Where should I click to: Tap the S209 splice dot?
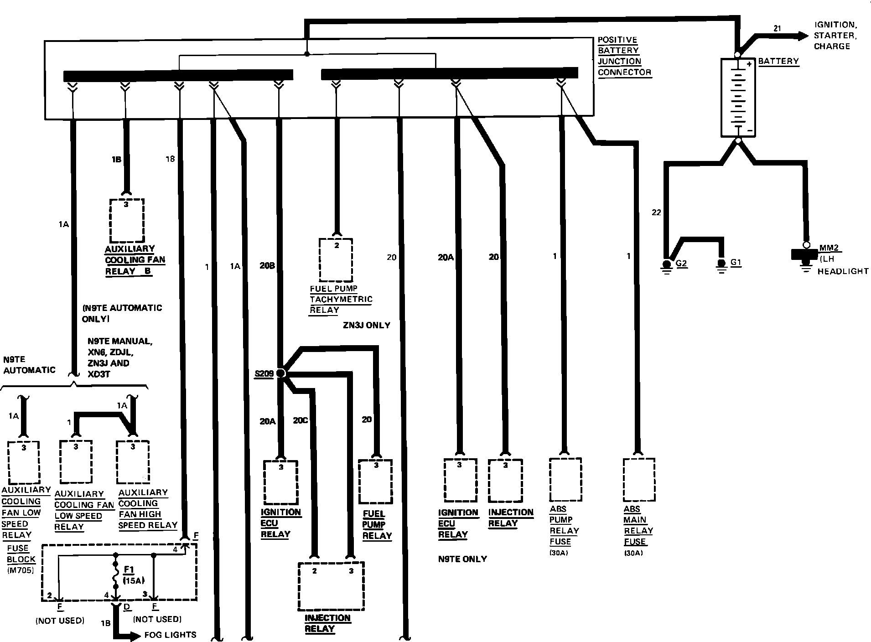point(281,373)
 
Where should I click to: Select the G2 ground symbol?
point(667,265)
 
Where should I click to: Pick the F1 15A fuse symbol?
point(116,577)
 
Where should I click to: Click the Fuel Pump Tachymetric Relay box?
point(336,260)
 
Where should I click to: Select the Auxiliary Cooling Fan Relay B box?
point(127,221)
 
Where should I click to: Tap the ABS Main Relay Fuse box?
point(639,480)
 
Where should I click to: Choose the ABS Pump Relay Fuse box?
point(565,480)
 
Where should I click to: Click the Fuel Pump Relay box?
point(375,481)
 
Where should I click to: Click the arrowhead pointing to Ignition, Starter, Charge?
point(803,36)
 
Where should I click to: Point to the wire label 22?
point(656,212)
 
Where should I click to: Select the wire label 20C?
point(300,420)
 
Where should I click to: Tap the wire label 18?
point(170,159)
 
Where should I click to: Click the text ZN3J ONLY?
point(366,326)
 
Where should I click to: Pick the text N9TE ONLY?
point(462,559)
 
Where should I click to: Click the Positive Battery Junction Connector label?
point(624,56)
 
